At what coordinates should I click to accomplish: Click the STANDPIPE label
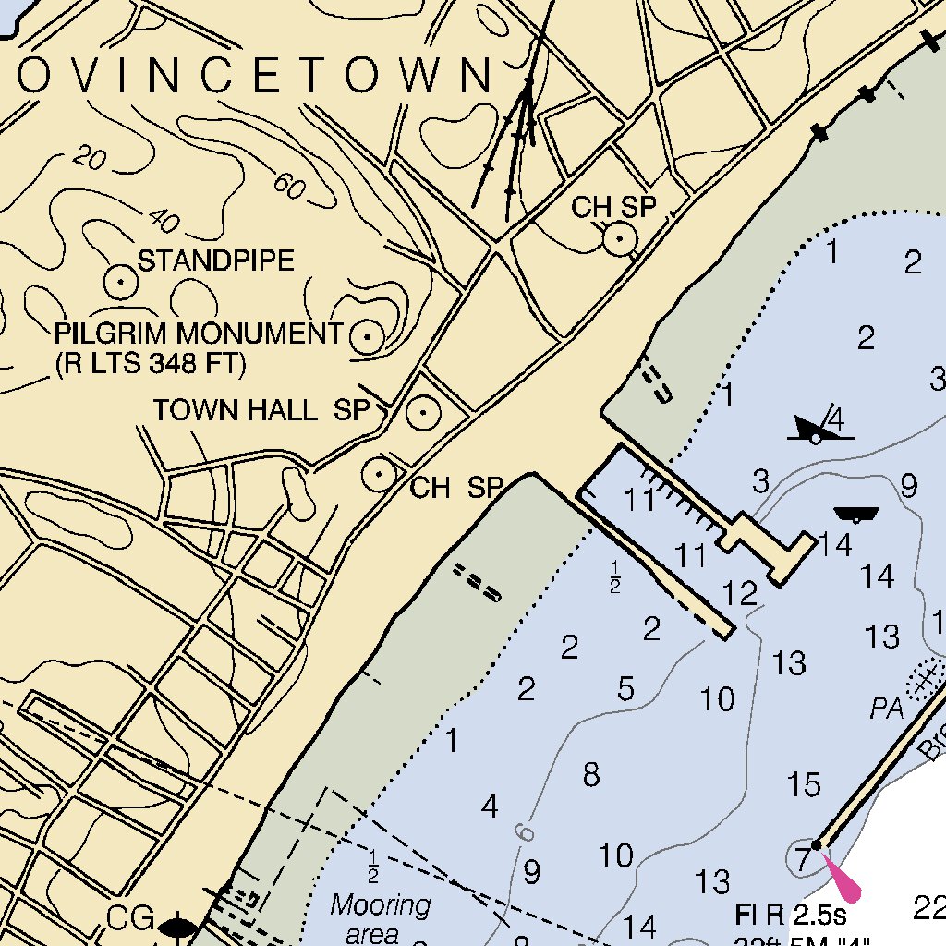pyautogui.click(x=216, y=261)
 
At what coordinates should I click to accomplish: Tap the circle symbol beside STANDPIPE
pyautogui.click(x=120, y=281)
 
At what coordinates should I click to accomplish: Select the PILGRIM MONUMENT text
pyautogui.click(x=199, y=334)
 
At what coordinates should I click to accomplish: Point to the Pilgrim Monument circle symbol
pyautogui.click(x=368, y=337)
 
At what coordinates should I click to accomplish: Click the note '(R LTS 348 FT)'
pyautogui.click(x=152, y=364)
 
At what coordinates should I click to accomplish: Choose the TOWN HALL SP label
pyautogui.click(x=261, y=410)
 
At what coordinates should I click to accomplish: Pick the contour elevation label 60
pyautogui.click(x=289, y=186)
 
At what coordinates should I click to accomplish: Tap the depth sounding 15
pyautogui.click(x=804, y=784)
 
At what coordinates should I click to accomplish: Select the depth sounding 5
pyautogui.click(x=626, y=688)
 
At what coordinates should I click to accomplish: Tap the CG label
pyautogui.click(x=130, y=919)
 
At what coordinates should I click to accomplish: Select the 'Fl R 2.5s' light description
pyautogui.click(x=791, y=916)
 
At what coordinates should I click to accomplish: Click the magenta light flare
pyautogui.click(x=840, y=876)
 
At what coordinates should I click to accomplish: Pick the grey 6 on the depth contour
pyautogui.click(x=525, y=831)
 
